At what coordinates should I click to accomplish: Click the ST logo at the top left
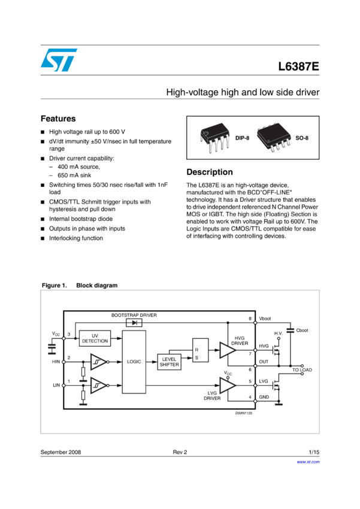[59, 60]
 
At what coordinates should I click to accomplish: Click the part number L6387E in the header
[299, 66]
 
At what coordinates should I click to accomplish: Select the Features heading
[58, 119]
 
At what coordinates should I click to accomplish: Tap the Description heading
[210, 172]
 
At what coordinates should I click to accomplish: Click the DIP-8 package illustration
[215, 138]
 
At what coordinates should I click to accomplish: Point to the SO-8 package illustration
[274, 137]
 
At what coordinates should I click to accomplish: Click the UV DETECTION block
[95, 338]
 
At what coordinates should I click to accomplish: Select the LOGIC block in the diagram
[134, 362]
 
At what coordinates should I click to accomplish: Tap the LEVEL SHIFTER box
[169, 362]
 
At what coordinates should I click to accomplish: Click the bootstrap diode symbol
[134, 323]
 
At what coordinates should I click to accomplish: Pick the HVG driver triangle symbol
[228, 350]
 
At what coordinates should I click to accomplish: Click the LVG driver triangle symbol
[228, 385]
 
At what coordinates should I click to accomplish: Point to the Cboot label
[302, 331]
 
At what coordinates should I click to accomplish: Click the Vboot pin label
[265, 319]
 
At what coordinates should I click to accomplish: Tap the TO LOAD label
[302, 369]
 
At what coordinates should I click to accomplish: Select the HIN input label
[56, 362]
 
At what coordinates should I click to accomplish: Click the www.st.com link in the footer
[308, 462]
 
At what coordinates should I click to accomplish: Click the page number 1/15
[314, 452]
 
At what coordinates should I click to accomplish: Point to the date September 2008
[60, 452]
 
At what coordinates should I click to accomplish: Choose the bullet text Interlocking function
[76, 238]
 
